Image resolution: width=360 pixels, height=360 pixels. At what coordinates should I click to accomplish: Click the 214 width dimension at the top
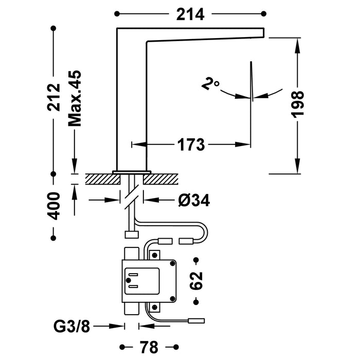[x=190, y=14]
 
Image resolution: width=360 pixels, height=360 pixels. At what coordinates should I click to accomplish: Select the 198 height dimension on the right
[x=297, y=105]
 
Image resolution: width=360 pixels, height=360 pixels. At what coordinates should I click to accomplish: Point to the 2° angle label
[x=211, y=84]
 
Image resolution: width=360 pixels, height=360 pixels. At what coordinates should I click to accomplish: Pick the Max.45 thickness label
[x=75, y=97]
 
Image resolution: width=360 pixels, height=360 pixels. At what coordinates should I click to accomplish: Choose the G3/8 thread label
[x=73, y=326]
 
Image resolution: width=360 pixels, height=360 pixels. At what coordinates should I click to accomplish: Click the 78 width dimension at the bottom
[x=149, y=345]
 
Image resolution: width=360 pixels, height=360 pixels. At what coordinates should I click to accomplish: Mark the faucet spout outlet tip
[x=262, y=33]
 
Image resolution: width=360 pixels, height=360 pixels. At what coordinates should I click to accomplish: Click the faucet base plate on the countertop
[x=132, y=171]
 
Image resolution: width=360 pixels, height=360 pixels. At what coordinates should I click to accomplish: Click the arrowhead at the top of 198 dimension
[x=297, y=44]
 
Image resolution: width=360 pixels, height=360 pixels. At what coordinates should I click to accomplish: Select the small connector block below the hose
[x=132, y=235]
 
